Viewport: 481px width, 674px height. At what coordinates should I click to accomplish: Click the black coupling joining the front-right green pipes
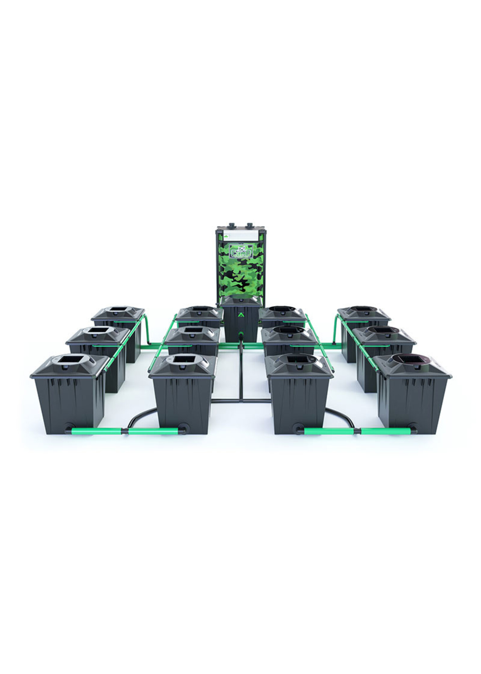[x=357, y=431]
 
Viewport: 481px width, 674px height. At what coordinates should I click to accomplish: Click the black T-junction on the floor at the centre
[x=241, y=400]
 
